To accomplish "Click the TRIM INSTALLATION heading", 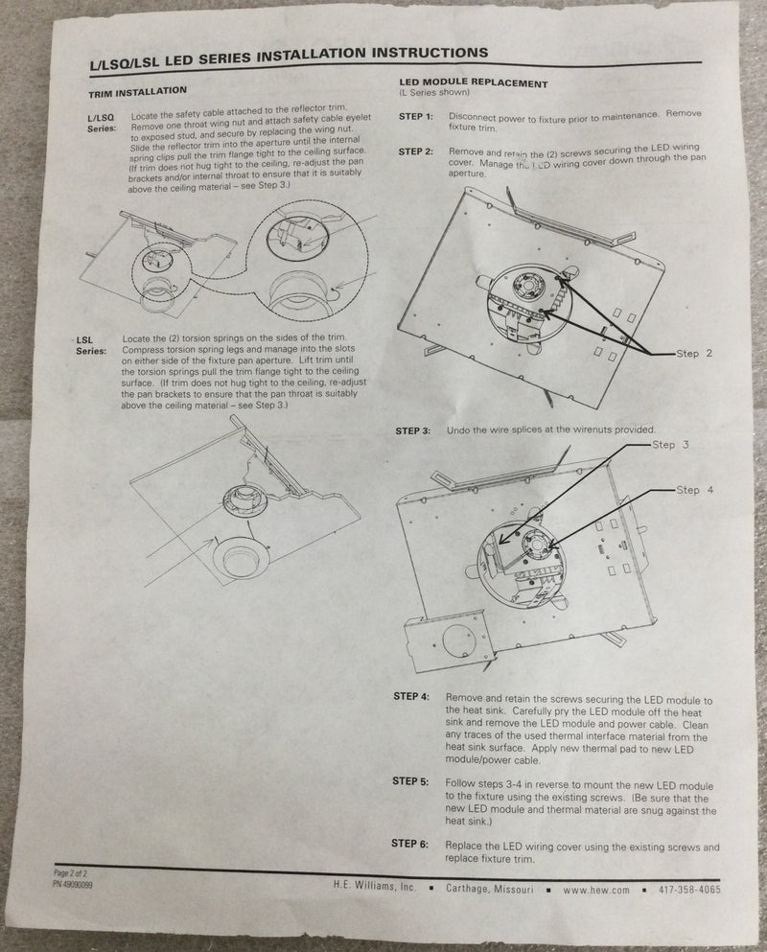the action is [138, 92].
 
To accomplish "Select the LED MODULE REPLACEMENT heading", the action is [473, 83].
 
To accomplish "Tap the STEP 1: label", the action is [416, 116].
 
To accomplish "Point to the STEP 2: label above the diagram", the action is [416, 151].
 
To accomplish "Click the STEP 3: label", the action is [413, 430].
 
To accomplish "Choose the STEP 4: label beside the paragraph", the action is [411, 696].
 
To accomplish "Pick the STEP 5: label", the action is [410, 781].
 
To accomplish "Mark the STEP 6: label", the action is [410, 844].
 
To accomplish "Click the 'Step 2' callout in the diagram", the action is [694, 354].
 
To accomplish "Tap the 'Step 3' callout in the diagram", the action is [670, 445].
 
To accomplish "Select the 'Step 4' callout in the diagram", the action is [695, 490].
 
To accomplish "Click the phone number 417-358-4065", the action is [690, 890].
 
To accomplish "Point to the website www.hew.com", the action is [595, 890].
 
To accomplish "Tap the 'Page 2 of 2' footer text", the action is [70, 873].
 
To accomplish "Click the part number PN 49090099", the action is [73, 884].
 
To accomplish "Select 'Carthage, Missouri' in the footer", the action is [490, 889].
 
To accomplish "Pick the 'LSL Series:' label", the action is [90, 345].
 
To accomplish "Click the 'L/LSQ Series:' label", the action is [102, 124].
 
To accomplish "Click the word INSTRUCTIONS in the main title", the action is [430, 54].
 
